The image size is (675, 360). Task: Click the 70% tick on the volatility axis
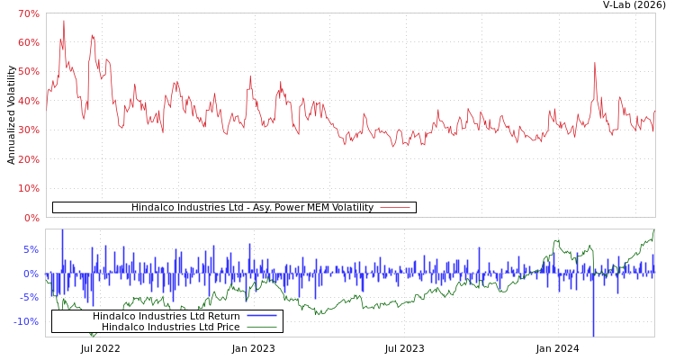coord(28,14)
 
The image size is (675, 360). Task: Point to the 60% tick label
coord(28,43)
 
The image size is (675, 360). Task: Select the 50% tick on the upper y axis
coord(28,72)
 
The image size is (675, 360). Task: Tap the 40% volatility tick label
coord(28,102)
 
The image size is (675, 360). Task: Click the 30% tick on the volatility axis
coord(28,130)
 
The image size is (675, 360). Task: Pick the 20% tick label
coord(28,160)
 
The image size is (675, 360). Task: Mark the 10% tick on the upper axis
coord(28,189)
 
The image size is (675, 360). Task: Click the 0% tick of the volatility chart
coord(31,218)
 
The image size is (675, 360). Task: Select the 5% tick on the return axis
coord(31,250)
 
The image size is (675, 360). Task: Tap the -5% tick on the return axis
coord(30,298)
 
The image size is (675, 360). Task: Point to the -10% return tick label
coord(26,322)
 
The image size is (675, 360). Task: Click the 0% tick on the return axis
coord(31,274)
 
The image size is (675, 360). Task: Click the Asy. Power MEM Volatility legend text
coord(252,208)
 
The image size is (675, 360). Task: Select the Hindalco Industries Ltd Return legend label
coord(166,317)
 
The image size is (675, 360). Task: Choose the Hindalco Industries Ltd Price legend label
coord(171,328)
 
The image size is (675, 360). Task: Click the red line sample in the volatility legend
coord(395,208)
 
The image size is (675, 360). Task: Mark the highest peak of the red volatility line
coord(63,21)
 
